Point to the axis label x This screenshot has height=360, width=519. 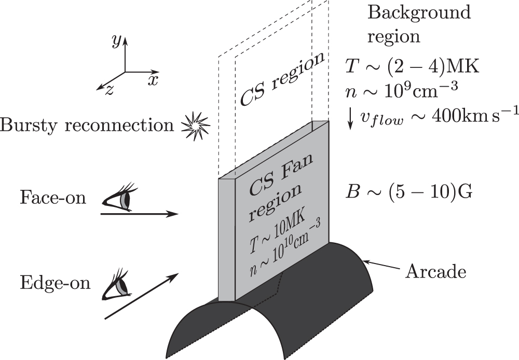click(x=152, y=79)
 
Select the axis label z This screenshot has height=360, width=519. click(x=110, y=89)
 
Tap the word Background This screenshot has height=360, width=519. click(x=419, y=12)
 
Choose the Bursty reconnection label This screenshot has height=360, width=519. click(x=87, y=125)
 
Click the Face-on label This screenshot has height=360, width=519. click(x=53, y=197)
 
